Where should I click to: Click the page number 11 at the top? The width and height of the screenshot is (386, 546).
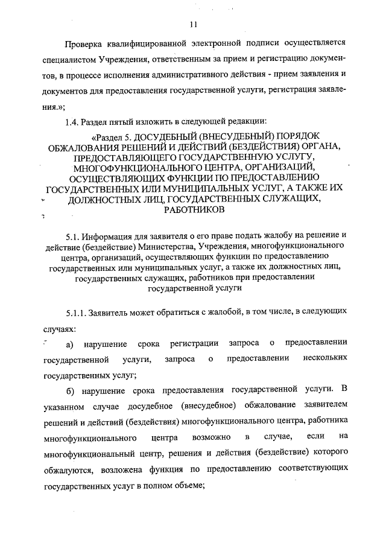click(x=193, y=25)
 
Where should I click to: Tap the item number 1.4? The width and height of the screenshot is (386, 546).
click(x=73, y=122)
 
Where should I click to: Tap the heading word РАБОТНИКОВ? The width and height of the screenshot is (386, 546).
click(x=194, y=209)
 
